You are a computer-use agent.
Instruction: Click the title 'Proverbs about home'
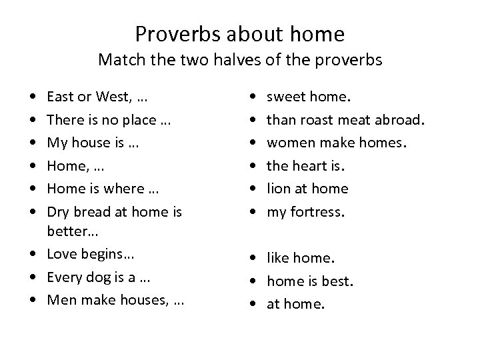pos(240,33)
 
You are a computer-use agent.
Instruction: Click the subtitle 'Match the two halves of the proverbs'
pos(240,60)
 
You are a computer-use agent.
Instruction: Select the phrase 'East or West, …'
pos(97,97)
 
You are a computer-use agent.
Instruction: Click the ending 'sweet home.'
pos(307,97)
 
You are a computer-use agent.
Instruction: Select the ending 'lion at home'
pos(307,188)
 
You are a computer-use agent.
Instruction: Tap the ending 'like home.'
pos(301,257)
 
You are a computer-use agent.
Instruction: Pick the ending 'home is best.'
pos(309,281)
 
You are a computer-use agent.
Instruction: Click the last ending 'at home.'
pos(295,303)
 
